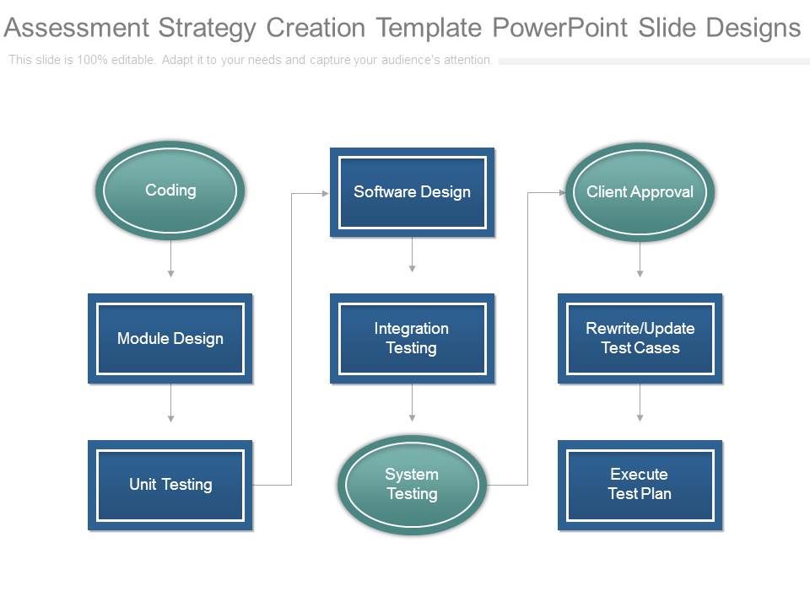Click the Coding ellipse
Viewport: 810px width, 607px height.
click(170, 191)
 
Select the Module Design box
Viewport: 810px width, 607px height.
click(170, 339)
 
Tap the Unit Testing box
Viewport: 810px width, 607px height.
click(170, 485)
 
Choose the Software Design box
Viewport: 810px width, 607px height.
click(412, 192)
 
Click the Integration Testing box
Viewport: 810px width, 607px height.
click(412, 338)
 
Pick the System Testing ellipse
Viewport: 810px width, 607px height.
click(412, 485)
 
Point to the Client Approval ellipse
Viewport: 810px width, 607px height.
click(640, 192)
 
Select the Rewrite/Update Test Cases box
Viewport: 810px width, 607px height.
click(640, 338)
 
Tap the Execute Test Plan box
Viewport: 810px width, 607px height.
click(640, 485)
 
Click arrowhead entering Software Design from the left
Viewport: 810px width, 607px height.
click(324, 193)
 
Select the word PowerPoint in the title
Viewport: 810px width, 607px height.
click(559, 29)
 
